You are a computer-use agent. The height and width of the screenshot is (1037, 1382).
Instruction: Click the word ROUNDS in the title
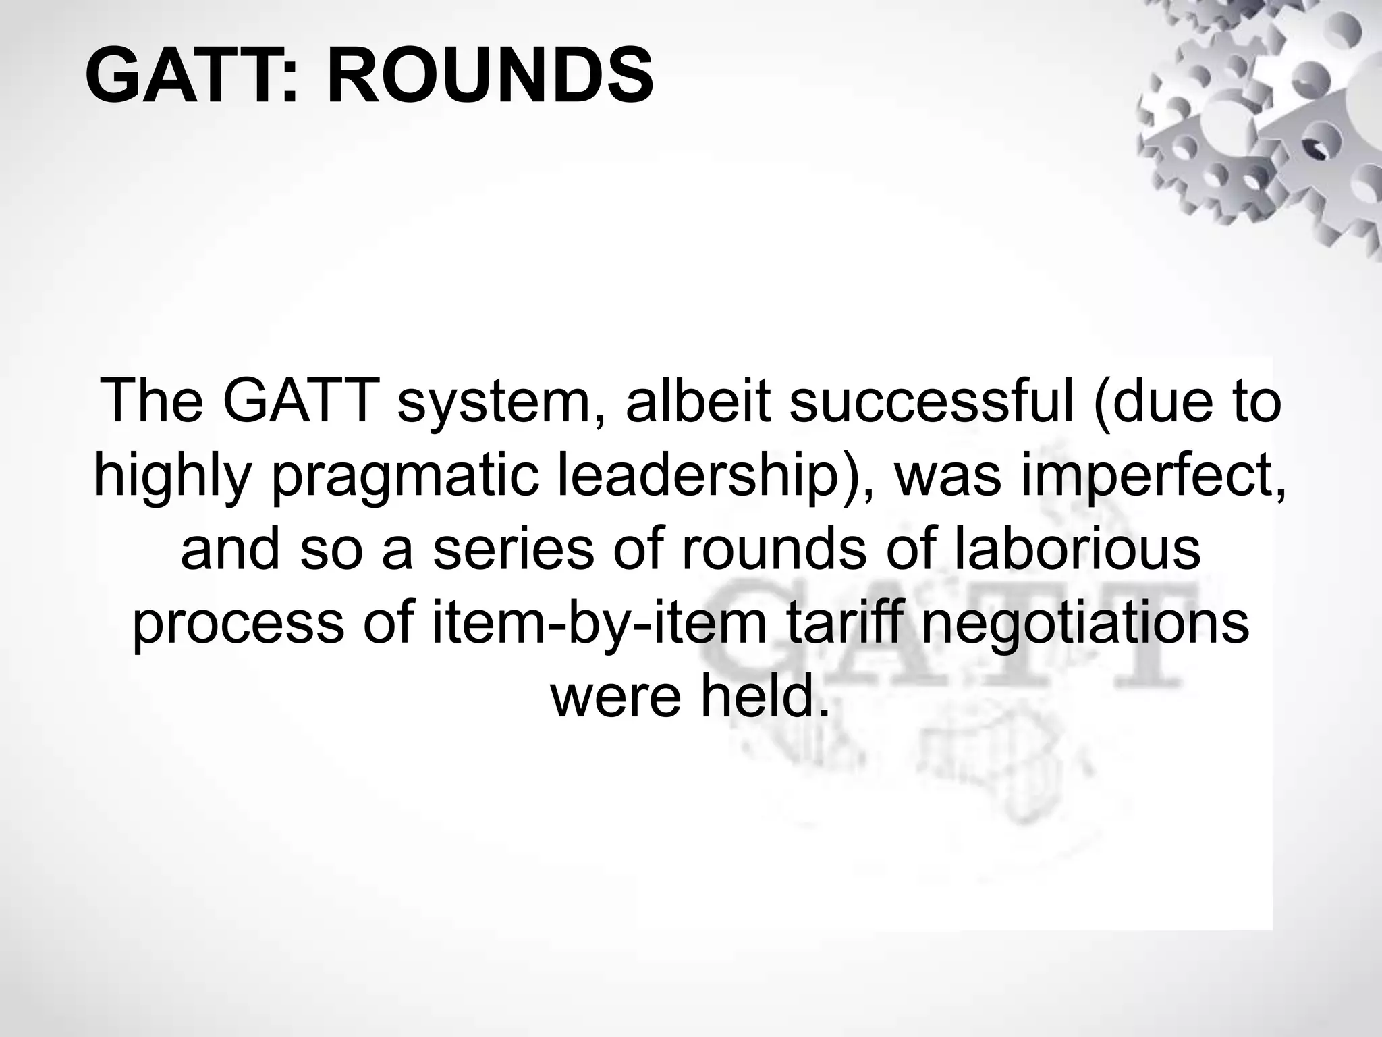point(490,76)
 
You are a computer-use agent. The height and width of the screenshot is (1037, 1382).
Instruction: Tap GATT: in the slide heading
point(192,76)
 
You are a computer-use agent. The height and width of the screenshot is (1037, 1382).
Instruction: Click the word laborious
point(1076,548)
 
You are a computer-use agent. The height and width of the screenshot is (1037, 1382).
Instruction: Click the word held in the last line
point(763,697)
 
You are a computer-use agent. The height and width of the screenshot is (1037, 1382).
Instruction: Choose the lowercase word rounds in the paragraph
point(774,550)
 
